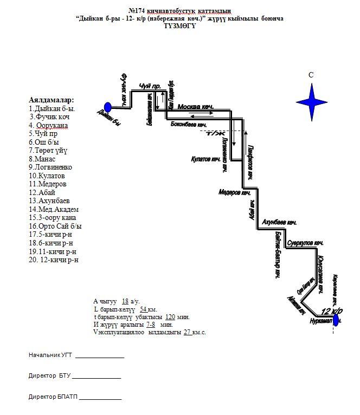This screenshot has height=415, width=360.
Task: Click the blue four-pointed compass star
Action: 312,100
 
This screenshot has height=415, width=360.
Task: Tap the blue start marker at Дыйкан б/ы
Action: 107,107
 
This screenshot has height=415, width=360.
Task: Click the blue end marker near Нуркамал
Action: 336,320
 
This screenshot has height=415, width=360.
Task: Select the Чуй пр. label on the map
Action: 150,87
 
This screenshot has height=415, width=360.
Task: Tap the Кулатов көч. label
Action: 205,159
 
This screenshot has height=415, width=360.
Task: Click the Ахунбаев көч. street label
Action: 279,223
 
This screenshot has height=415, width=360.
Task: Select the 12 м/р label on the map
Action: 331,311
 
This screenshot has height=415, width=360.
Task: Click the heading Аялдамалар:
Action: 51,100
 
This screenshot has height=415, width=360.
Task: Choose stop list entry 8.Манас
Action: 42,159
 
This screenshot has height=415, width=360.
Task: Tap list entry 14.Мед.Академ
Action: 54,210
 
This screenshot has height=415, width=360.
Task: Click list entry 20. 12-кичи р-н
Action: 54,260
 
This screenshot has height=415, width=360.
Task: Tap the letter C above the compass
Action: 311,75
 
